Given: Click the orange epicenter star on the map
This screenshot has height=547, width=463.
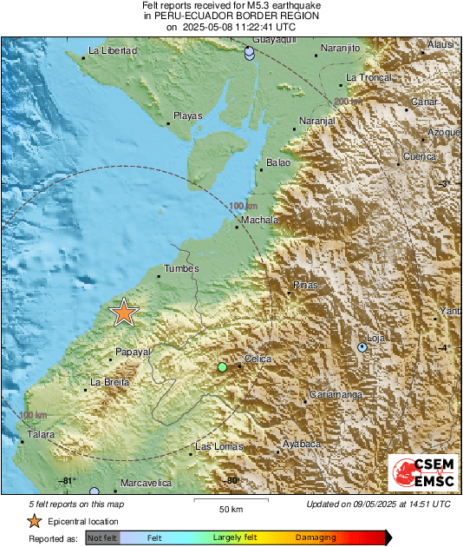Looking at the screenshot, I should pyautogui.click(x=125, y=313).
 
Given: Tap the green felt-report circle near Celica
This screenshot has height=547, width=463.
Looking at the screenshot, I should pyautogui.click(x=222, y=368).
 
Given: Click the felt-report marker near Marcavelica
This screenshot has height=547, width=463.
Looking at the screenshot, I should pyautogui.click(x=95, y=491).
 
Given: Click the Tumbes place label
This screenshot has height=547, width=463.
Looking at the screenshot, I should pyautogui.click(x=181, y=269).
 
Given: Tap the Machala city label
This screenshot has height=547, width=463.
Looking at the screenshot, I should pyautogui.click(x=259, y=221).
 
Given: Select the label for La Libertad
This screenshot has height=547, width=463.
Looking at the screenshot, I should pyautogui.click(x=114, y=51).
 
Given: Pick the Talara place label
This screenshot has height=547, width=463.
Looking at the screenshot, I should pyautogui.click(x=41, y=434).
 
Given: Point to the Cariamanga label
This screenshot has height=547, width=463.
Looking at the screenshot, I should pyautogui.click(x=337, y=395).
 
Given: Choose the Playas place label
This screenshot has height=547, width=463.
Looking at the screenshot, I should pyautogui.click(x=188, y=115).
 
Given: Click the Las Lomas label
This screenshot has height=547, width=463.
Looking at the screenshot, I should pyautogui.click(x=215, y=447).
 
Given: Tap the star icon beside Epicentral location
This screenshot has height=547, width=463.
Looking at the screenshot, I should pyautogui.click(x=34, y=521).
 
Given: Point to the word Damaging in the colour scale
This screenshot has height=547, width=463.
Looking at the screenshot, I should pyautogui.click(x=316, y=538).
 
